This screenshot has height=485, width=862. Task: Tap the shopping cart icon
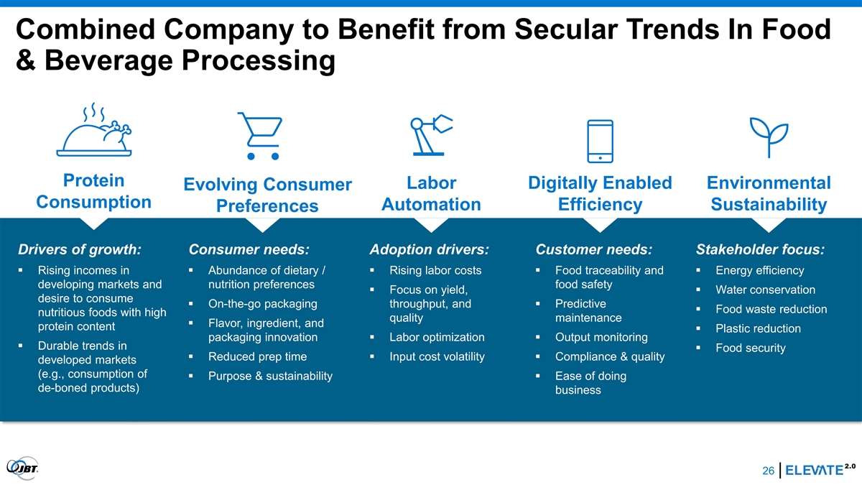tap(261, 136)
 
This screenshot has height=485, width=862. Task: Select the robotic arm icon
tap(432, 135)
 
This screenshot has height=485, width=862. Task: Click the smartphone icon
tap(600, 142)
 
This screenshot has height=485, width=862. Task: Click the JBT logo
tap(23, 468)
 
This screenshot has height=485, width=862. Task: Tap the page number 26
tap(768, 471)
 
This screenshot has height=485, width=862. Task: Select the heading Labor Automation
tap(432, 193)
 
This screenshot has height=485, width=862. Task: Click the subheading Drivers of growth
tap(80, 249)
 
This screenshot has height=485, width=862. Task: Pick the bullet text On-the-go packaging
tap(262, 304)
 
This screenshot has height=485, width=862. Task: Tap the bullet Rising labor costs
tap(435, 270)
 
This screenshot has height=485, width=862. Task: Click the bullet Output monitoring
tap(601, 337)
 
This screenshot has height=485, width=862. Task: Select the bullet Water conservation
tap(765, 290)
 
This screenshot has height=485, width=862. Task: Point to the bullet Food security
tap(751, 348)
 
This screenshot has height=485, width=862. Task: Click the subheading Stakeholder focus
tap(760, 249)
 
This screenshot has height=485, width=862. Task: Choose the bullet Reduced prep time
tap(257, 356)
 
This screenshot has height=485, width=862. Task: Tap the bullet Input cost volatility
tap(437, 356)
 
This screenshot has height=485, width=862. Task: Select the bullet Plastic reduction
tap(758, 328)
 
